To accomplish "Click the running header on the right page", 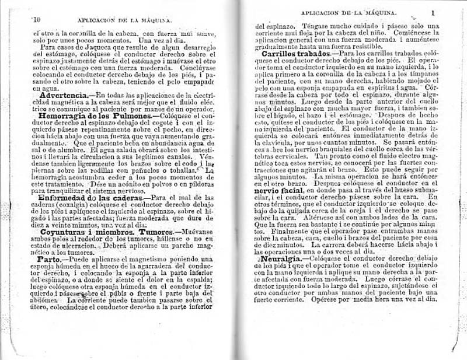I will pos(347,11).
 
